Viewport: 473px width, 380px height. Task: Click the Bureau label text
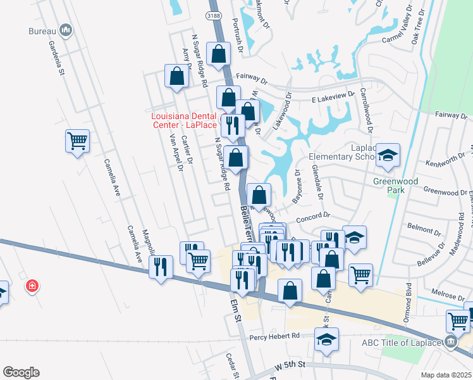[x=43, y=30]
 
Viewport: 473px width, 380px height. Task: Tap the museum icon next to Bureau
[x=66, y=30]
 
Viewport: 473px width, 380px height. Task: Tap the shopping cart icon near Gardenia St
[x=77, y=141]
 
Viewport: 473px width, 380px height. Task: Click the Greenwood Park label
[x=395, y=186]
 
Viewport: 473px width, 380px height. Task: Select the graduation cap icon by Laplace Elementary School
[x=388, y=155]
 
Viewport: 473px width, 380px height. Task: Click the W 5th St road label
[x=290, y=365]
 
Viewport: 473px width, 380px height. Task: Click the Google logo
[x=21, y=372]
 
